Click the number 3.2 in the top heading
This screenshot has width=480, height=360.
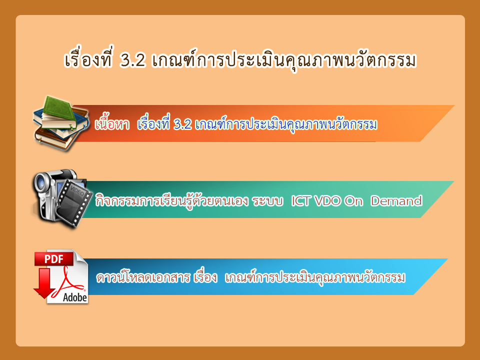pyautogui.click(x=132, y=60)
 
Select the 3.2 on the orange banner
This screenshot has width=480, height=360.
pyautogui.click(x=182, y=124)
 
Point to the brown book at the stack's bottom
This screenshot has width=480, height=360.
pyautogui.click(x=55, y=139)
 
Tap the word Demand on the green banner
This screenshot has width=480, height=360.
pyautogui.click(x=396, y=201)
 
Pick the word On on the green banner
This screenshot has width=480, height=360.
pyautogui.click(x=353, y=201)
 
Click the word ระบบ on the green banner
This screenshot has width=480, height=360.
pyautogui.click(x=267, y=201)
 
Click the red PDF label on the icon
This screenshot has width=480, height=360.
pyautogui.click(x=54, y=259)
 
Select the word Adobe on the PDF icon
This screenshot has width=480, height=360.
pyautogui.click(x=75, y=297)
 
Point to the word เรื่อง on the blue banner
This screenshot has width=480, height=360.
pyautogui.click(x=205, y=276)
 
